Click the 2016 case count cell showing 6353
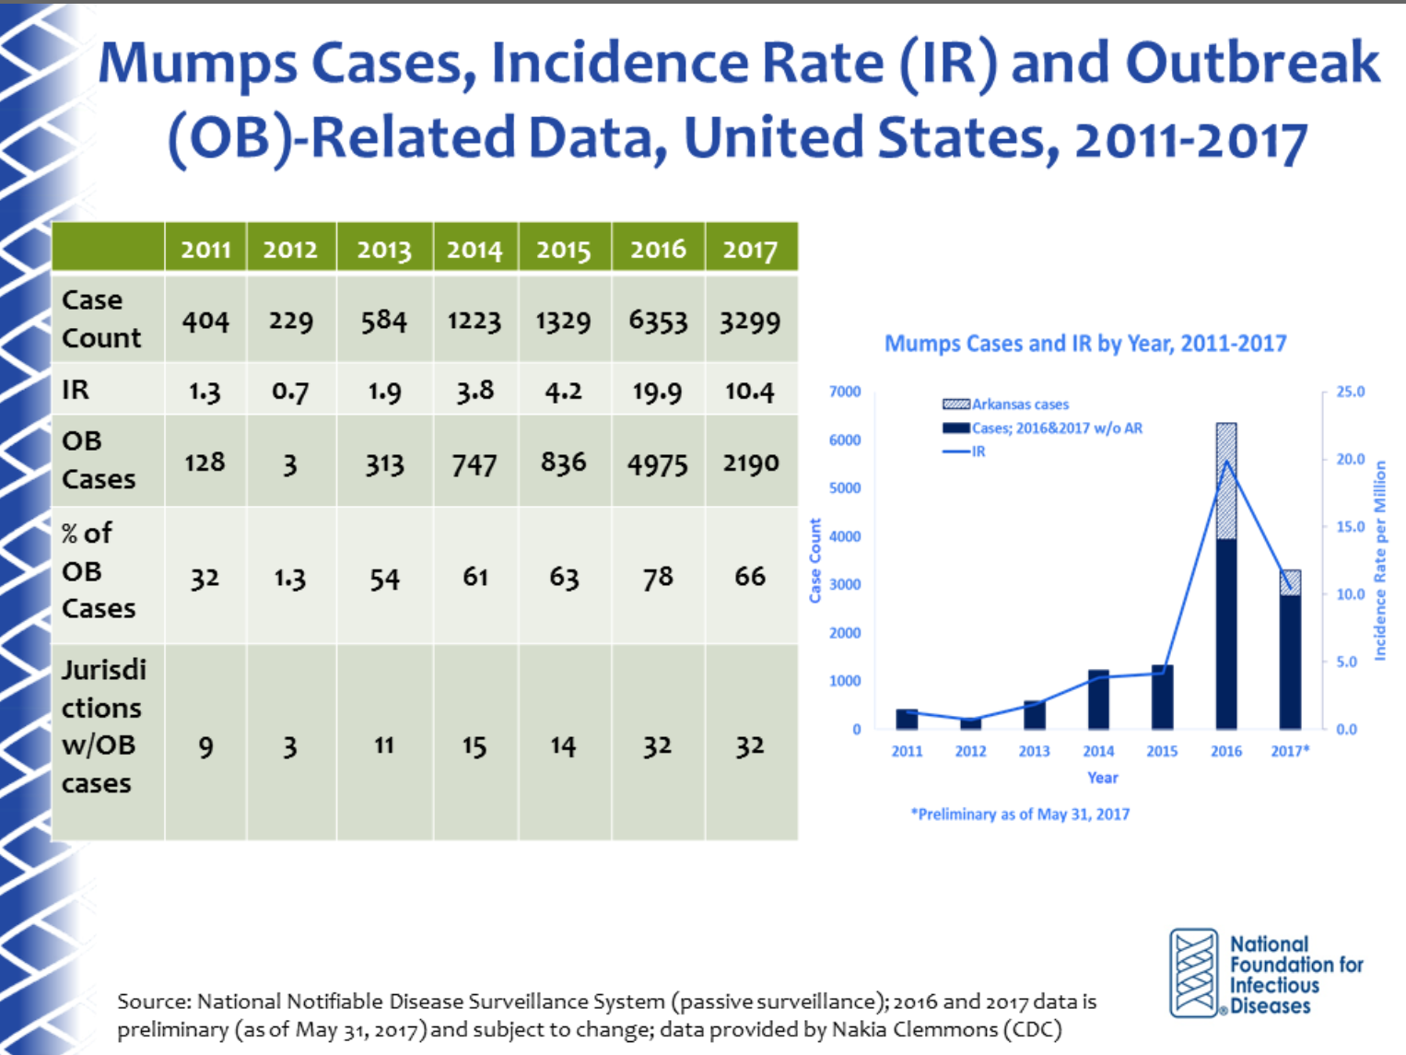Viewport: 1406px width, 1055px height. tap(658, 321)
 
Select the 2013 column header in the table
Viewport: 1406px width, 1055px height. tap(384, 250)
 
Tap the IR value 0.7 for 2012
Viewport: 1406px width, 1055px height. tap(290, 392)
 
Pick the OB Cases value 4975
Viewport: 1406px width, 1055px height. tap(658, 464)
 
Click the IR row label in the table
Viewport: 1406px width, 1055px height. tap(76, 390)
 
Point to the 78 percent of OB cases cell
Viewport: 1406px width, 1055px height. tap(658, 578)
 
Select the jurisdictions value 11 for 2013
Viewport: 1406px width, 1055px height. tap(384, 745)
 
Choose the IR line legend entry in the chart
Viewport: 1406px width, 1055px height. tap(966, 451)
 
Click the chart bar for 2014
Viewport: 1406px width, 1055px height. tap(1098, 700)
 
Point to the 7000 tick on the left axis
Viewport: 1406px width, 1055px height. tap(845, 392)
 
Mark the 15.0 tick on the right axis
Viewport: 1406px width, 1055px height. tap(1351, 527)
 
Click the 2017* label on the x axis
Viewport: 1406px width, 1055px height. tap(1290, 751)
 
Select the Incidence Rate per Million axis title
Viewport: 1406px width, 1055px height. tap(1380, 560)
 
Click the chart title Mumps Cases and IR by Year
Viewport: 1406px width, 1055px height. tap(1085, 344)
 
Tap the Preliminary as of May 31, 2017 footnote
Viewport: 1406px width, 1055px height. tap(1020, 815)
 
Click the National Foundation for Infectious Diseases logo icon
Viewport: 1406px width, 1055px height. tap(1194, 973)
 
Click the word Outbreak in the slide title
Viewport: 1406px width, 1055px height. tap(1252, 64)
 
